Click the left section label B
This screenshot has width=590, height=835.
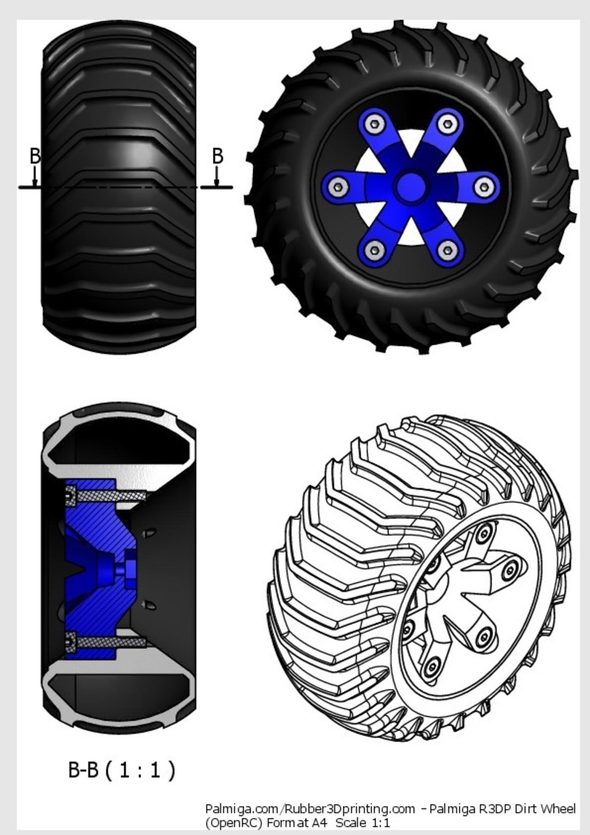35,156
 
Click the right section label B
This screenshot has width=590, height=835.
218,156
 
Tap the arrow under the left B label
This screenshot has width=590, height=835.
35,177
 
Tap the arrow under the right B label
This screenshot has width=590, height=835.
217,177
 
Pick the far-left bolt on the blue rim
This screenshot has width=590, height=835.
338,187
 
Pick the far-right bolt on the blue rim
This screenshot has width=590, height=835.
482,187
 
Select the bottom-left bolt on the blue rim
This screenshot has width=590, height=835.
374,251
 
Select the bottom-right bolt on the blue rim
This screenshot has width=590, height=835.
445,251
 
